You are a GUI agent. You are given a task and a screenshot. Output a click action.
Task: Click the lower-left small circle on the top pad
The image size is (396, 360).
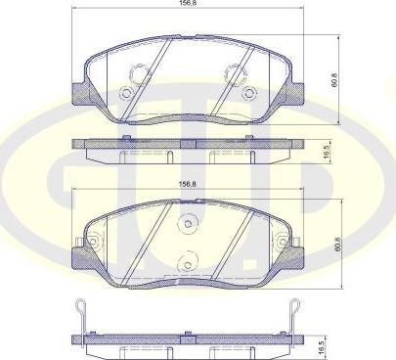coord(125,94)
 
